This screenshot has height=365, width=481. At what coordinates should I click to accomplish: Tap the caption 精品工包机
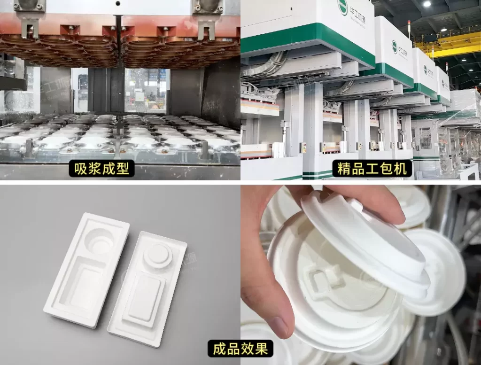click(x=371, y=168)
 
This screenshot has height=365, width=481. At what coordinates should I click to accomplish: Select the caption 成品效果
click(x=240, y=349)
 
